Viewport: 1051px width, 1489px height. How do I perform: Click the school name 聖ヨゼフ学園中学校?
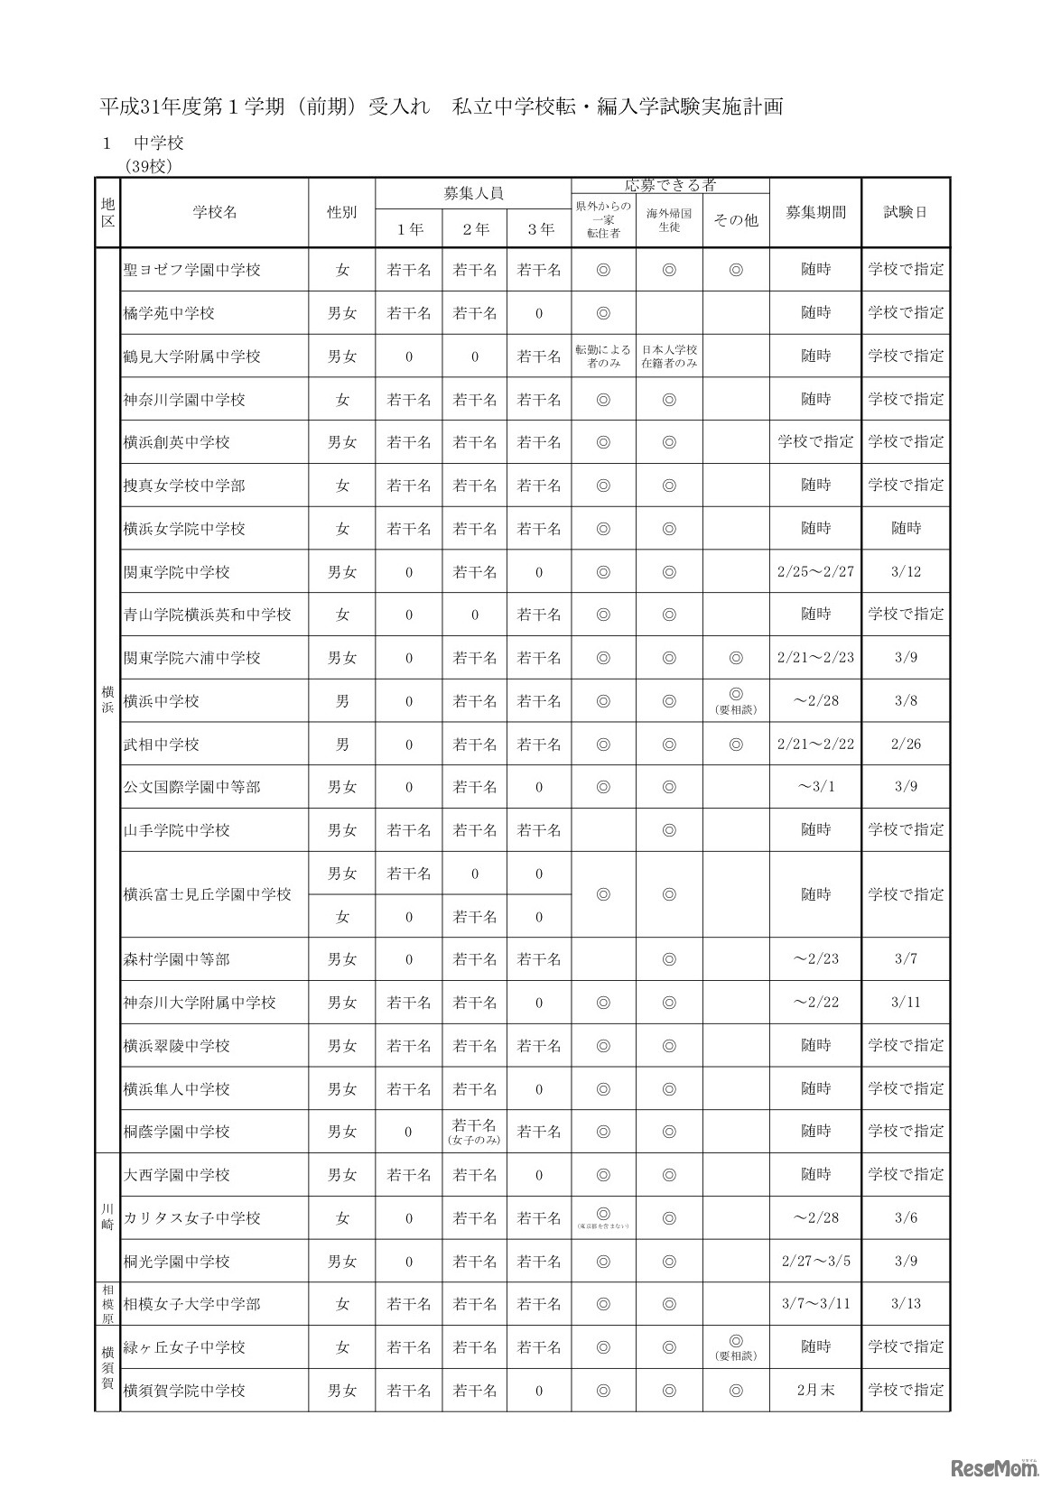191,270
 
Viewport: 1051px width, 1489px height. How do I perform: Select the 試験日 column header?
906,213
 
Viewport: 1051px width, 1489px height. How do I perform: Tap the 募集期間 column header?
815,213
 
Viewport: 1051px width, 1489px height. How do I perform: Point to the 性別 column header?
341,213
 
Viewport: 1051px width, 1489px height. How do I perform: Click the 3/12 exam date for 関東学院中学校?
906,572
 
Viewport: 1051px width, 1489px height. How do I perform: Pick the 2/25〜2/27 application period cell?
815,572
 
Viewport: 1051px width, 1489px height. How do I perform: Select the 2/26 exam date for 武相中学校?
906,744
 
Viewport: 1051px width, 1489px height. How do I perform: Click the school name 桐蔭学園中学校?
177,1132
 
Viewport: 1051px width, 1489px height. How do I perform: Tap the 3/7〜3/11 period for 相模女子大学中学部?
815,1304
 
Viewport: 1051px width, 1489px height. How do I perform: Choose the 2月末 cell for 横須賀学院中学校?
815,1391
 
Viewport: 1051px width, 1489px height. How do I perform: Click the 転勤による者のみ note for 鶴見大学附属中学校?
603,356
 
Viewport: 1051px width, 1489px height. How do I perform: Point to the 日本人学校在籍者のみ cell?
669,356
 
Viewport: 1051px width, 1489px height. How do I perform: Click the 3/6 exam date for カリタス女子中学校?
906,1218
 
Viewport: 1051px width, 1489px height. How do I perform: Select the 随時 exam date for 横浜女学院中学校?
906,529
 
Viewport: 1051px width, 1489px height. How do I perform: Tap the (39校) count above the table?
149,166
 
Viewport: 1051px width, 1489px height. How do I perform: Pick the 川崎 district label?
107,1216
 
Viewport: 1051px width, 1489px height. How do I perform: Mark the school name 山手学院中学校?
177,830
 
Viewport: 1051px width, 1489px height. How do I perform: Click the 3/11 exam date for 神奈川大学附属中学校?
906,1003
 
